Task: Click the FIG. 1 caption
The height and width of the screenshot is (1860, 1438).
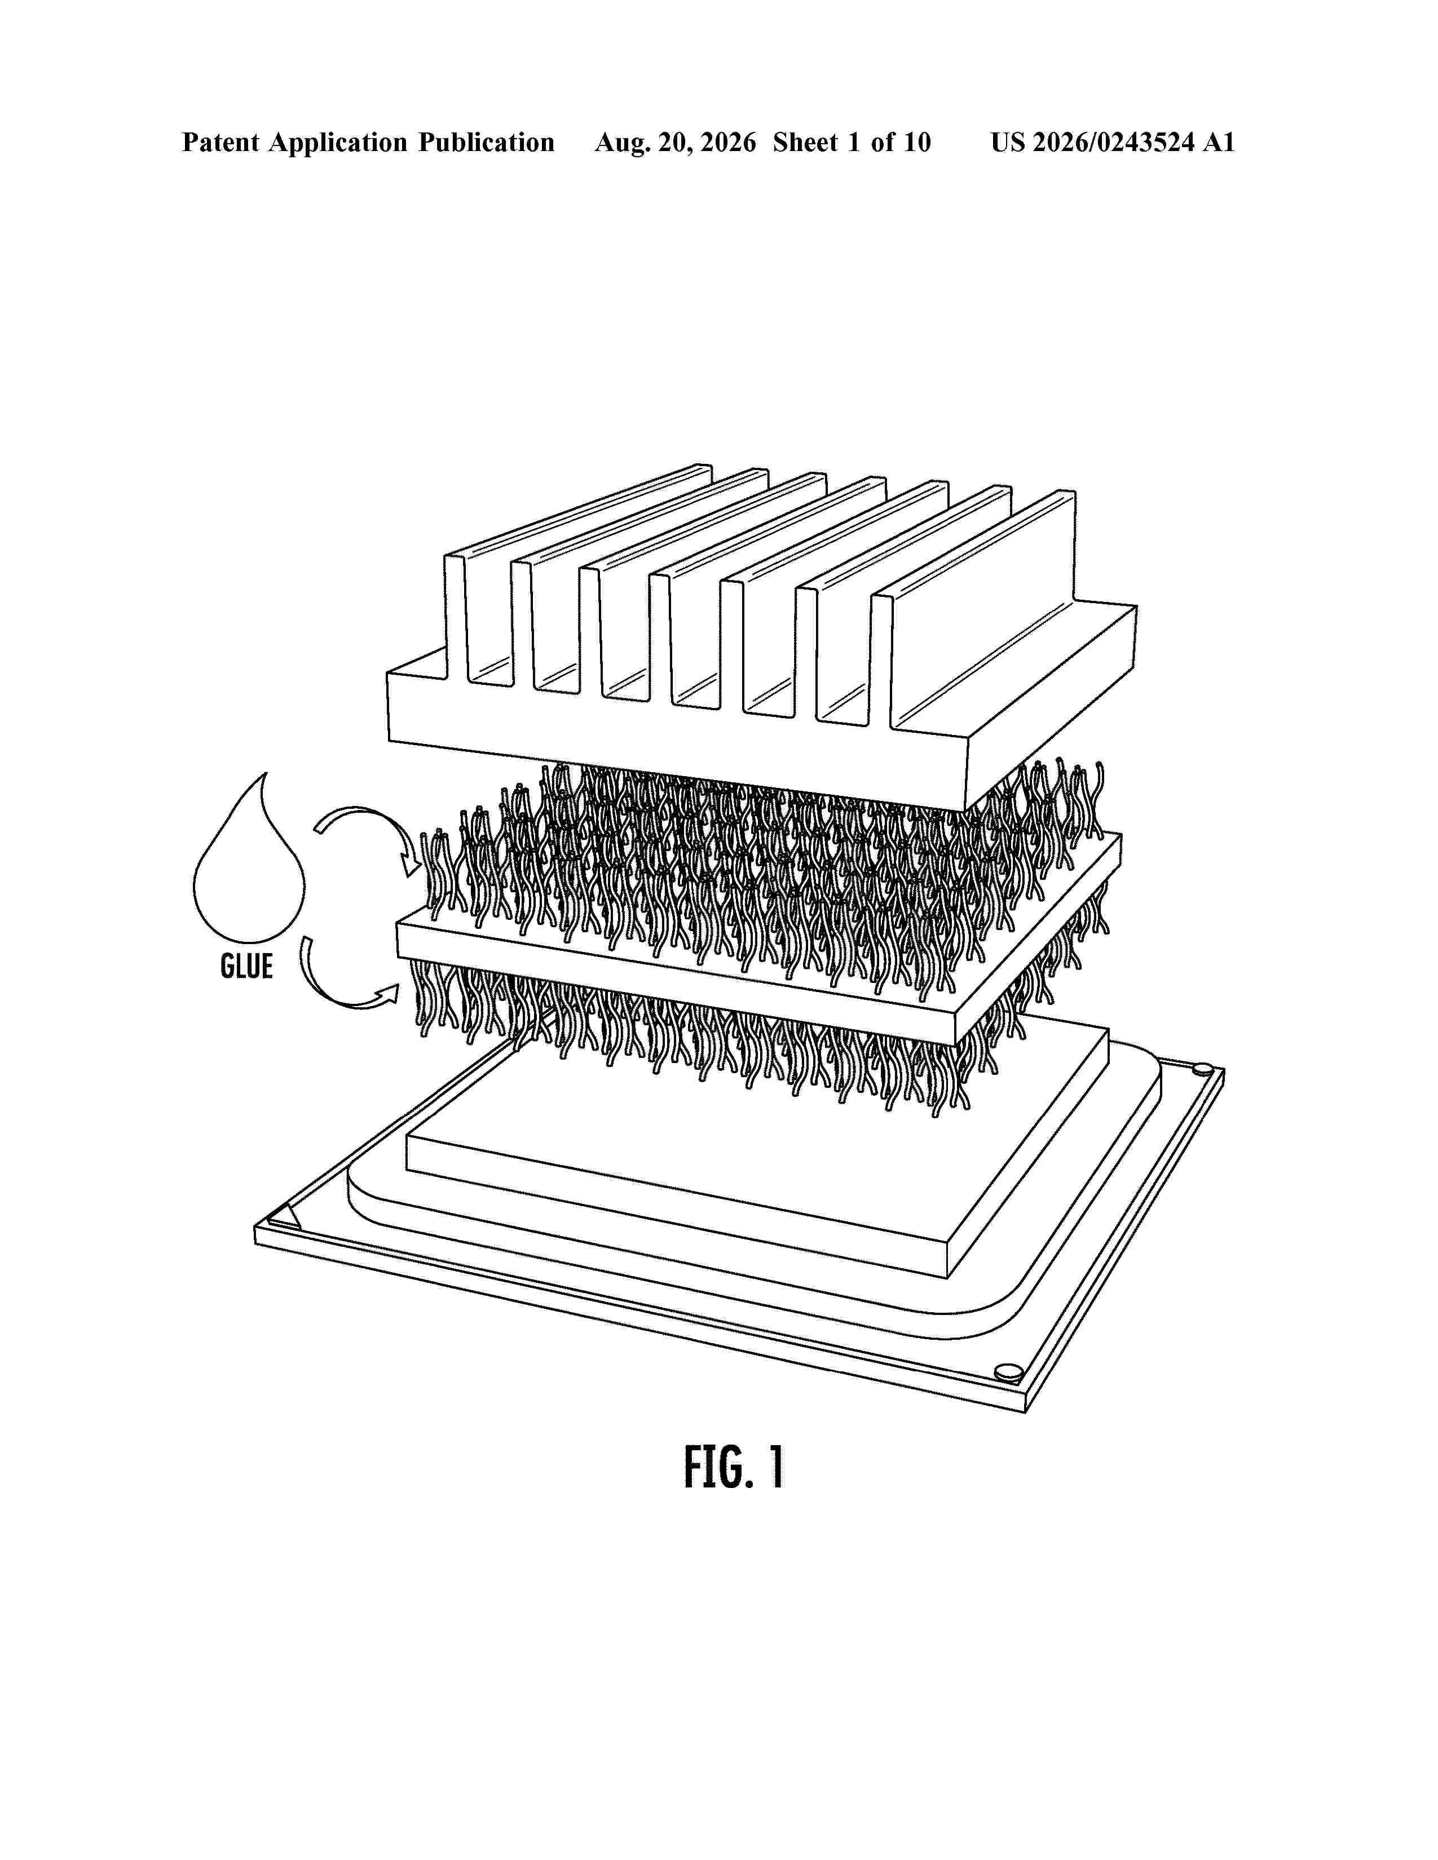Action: pyautogui.click(x=734, y=1467)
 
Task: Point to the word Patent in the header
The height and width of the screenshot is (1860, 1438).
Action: pyautogui.click(x=220, y=142)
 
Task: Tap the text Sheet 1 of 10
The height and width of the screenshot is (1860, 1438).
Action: pyautogui.click(x=852, y=142)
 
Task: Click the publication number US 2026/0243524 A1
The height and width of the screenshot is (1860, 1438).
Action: pyautogui.click(x=1113, y=142)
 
